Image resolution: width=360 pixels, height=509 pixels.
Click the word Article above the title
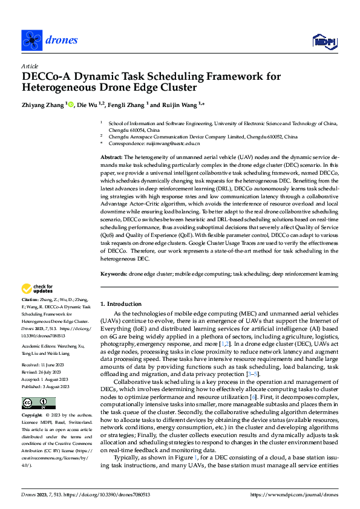(30, 66)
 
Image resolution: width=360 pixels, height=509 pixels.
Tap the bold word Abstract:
(113, 157)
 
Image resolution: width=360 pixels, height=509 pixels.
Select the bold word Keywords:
(114, 274)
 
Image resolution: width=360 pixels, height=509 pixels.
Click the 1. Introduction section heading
(120, 304)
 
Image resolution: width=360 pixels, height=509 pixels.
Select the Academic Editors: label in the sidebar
(39, 345)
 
